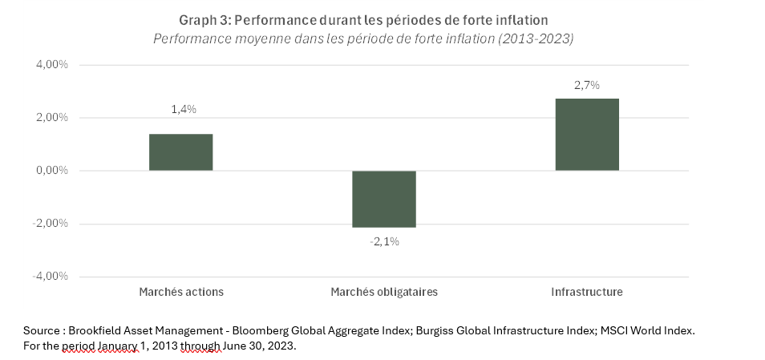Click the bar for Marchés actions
(x=180, y=152)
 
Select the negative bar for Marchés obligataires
(x=384, y=199)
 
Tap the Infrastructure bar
(x=587, y=135)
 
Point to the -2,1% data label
(x=385, y=241)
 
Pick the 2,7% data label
(x=587, y=84)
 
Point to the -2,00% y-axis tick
(x=50, y=224)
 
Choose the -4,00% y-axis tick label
(x=50, y=277)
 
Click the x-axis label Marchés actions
(x=181, y=292)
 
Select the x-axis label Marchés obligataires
(x=384, y=292)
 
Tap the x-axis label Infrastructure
(x=587, y=292)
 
